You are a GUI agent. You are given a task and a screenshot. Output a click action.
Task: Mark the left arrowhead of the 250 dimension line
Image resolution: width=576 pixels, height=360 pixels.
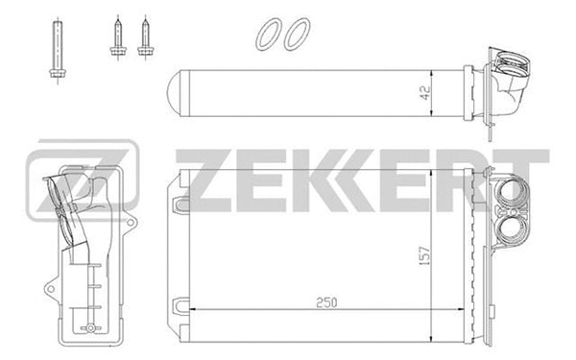pyautogui.click(x=188, y=310)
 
